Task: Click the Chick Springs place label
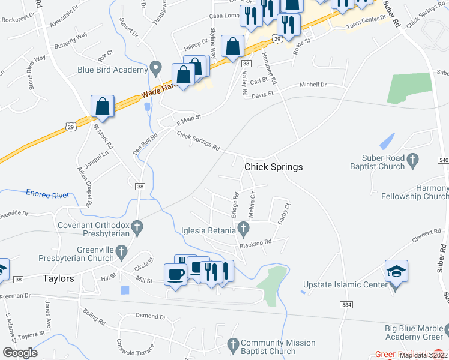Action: click(273, 166)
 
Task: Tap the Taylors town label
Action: click(58, 278)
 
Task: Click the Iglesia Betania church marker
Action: click(243, 227)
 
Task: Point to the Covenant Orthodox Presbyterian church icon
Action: click(137, 227)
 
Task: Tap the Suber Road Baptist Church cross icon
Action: click(412, 160)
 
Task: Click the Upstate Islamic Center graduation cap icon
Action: click(396, 272)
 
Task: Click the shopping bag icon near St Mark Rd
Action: click(103, 106)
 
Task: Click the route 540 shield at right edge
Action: click(443, 160)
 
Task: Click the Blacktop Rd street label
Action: click(256, 242)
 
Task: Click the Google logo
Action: click(20, 353)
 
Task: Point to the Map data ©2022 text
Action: click(423, 355)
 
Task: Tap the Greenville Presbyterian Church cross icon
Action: click(122, 253)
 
